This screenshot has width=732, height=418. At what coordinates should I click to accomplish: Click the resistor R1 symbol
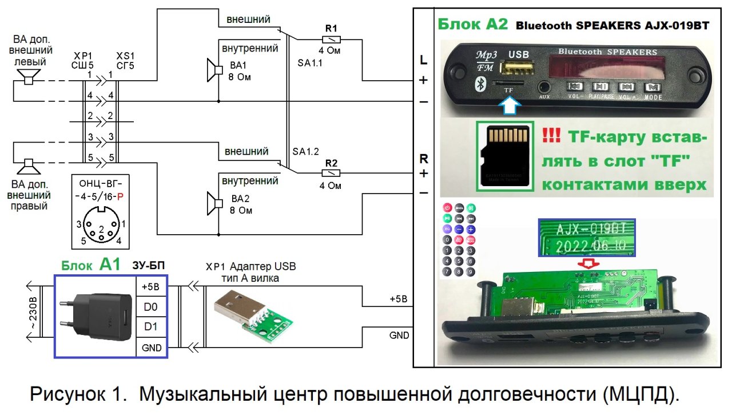coord(332,39)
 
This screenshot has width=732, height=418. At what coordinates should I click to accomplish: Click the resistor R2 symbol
coord(332,172)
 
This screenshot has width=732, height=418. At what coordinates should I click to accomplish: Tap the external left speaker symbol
coord(26,76)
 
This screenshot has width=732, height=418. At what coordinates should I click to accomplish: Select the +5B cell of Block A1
coord(150,287)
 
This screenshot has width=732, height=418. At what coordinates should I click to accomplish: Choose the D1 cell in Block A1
coord(150,327)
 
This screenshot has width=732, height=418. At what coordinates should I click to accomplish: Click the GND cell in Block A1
coord(150,348)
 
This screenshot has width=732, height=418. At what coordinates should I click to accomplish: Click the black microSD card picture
coord(505,155)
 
